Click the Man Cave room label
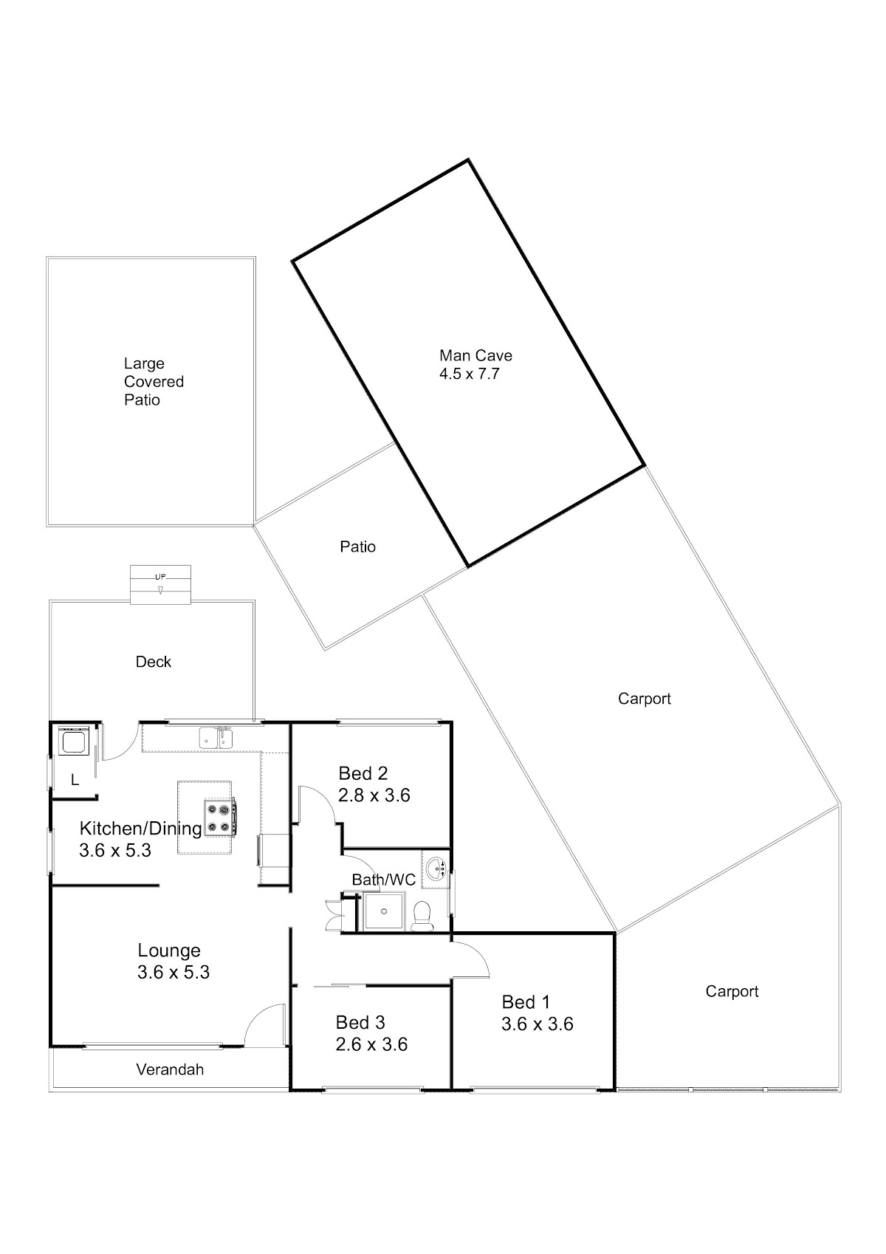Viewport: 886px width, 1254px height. tap(475, 355)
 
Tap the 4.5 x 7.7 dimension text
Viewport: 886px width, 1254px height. tap(469, 374)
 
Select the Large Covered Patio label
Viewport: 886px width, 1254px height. tap(154, 382)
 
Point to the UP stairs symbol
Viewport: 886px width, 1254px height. tap(161, 584)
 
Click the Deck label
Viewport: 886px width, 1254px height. tap(154, 662)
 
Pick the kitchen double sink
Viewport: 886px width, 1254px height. tap(216, 738)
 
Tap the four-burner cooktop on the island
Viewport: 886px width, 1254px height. tap(219, 818)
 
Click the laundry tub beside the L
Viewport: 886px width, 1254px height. tap(74, 742)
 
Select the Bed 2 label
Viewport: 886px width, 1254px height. tap(363, 773)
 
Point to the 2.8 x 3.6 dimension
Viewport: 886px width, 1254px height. tap(374, 795)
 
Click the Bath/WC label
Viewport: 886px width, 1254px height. tap(383, 880)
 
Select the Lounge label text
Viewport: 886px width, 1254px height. tap(169, 950)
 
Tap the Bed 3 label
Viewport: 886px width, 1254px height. tap(360, 1023)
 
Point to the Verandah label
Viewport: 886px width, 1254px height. tap(170, 1070)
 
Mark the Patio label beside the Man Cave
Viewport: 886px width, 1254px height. tap(357, 547)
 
